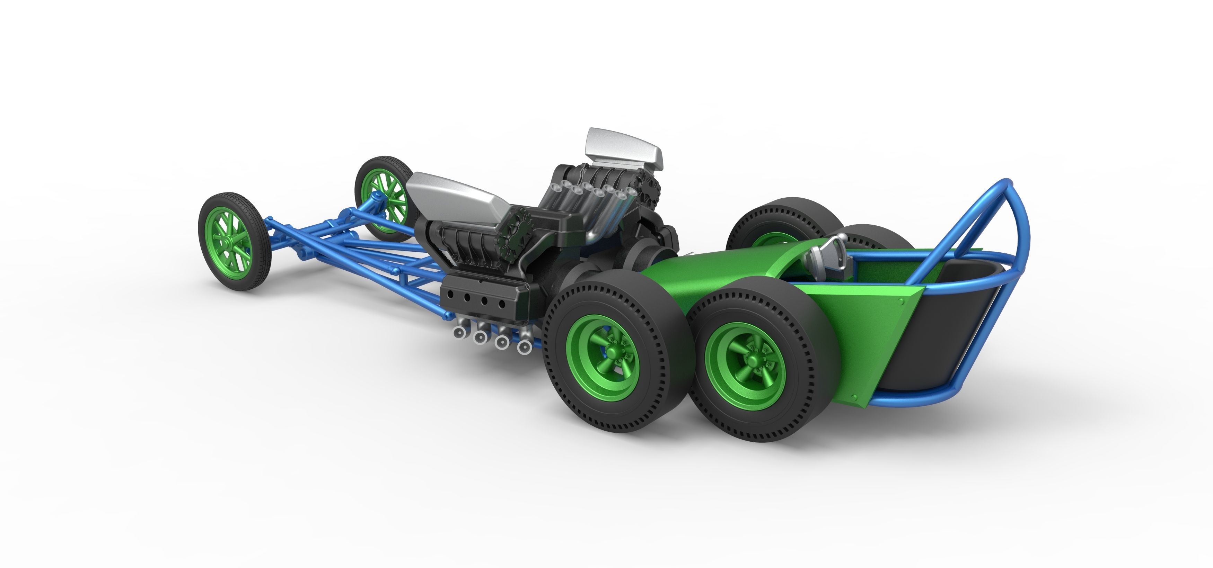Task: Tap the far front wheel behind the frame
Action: [x=384, y=198]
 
